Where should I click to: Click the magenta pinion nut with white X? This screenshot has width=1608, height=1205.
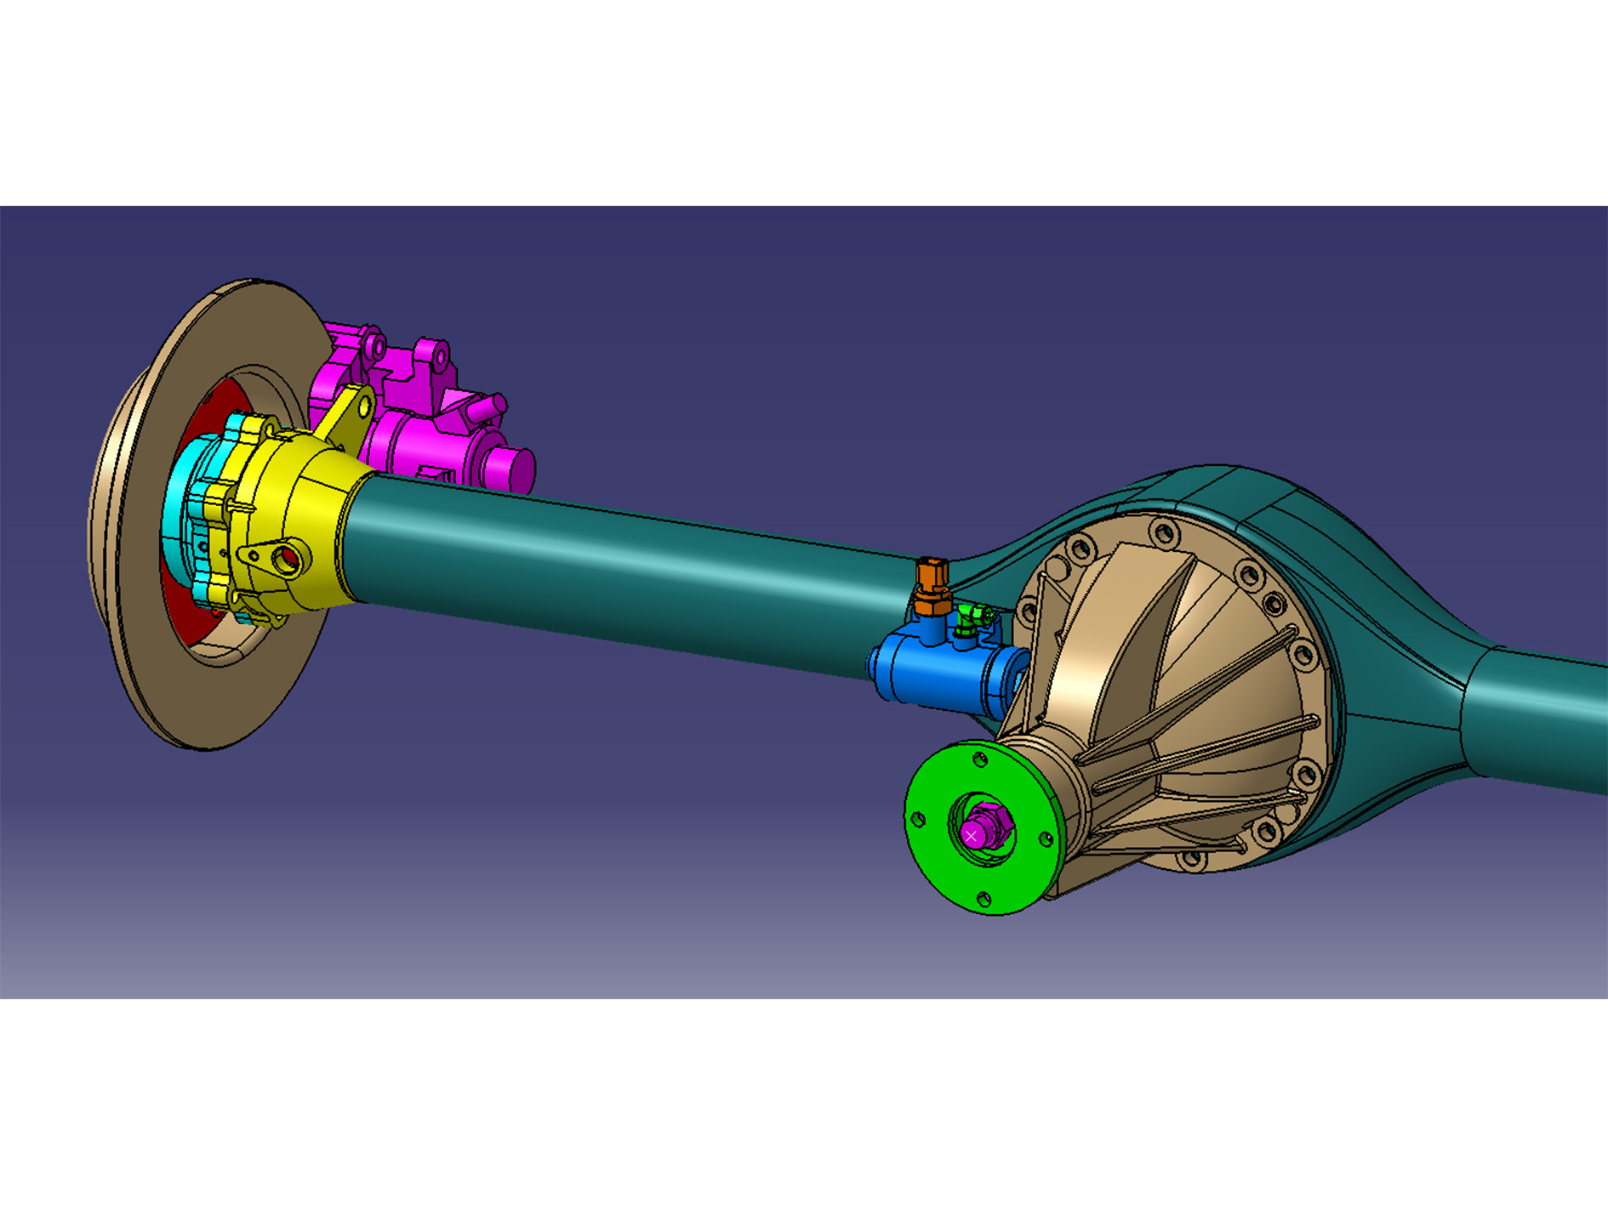coord(972,836)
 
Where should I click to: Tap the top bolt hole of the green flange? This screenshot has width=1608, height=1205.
coord(981,759)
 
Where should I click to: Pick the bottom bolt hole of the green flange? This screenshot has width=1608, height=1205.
coord(984,899)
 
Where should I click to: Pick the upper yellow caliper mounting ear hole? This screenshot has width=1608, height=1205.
coord(364,407)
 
